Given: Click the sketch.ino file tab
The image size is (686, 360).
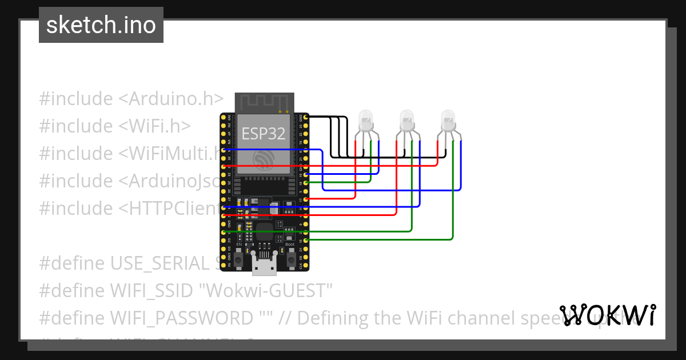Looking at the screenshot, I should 101,25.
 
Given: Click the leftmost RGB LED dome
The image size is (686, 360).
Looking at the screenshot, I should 365,119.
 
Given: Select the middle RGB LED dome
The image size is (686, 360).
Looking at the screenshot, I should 406,119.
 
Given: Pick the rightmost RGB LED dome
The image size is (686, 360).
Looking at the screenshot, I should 448,119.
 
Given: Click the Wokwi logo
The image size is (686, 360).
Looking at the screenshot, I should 607,315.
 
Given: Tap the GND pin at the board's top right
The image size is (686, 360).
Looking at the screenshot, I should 306,117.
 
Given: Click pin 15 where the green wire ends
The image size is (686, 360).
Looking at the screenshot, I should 306,241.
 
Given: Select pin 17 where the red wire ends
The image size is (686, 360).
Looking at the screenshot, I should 306,199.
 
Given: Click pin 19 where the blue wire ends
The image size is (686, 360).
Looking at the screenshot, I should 306,174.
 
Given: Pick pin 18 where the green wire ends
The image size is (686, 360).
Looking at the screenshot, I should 306,182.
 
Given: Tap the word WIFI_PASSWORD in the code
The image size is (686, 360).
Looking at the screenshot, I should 182,318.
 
